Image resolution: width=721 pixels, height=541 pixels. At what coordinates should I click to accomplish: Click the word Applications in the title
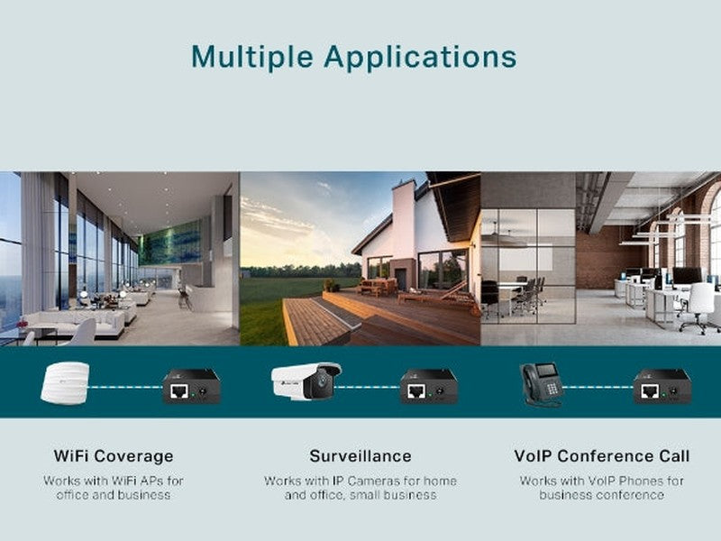[420, 58]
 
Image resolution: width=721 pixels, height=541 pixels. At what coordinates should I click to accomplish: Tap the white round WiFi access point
[65, 382]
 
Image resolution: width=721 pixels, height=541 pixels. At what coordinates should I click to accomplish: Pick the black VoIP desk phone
[540, 384]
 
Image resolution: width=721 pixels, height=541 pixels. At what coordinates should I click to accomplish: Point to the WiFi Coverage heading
[114, 456]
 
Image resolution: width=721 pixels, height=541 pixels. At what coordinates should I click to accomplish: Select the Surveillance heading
[360, 456]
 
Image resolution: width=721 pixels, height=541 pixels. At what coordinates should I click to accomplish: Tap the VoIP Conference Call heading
[601, 456]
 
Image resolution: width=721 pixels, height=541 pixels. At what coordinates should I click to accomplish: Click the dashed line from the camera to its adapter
[370, 388]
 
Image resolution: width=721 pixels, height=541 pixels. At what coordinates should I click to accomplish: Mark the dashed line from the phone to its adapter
[599, 388]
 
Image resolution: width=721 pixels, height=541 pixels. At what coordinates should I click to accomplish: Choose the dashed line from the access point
[126, 388]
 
